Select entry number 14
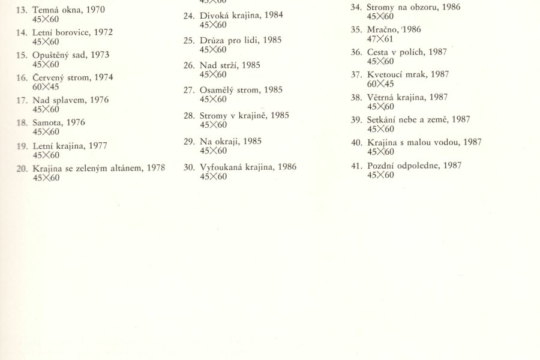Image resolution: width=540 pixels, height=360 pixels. point(21,32)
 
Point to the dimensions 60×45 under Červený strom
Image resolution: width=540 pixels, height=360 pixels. point(46,86)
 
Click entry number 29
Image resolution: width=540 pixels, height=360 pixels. point(189,142)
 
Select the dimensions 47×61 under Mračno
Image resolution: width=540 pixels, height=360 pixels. point(380,38)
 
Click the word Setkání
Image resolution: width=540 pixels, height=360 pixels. point(382,119)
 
